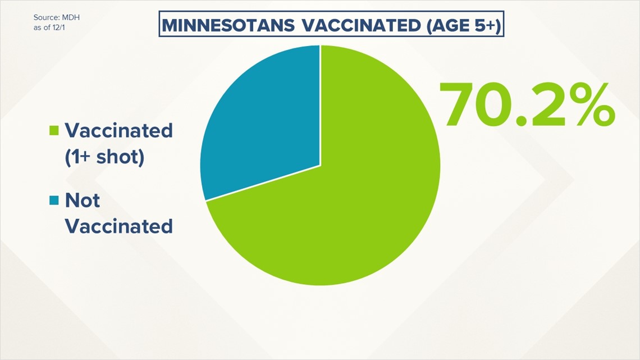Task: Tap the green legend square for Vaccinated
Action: (x=54, y=130)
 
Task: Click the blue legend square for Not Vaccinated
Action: (x=54, y=200)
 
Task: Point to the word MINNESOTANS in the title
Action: (x=228, y=26)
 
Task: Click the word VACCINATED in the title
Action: (x=362, y=26)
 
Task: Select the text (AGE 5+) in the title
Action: (x=464, y=26)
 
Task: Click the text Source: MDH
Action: (x=56, y=17)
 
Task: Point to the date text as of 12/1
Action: (x=49, y=28)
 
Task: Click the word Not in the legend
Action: (x=82, y=200)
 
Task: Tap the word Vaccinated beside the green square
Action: (x=119, y=131)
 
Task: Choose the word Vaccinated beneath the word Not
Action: (x=119, y=226)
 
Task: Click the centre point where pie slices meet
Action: (x=320, y=165)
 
